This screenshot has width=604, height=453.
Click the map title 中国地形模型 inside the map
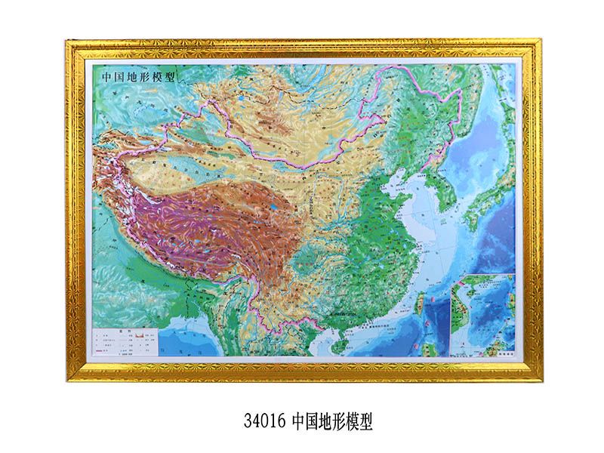(x=128, y=77)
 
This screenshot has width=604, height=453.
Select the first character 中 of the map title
(x=97, y=77)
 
